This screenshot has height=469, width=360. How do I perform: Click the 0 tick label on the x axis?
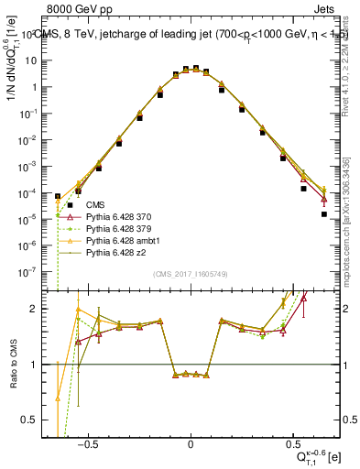(191, 443)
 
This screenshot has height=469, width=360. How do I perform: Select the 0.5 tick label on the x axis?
(292, 443)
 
